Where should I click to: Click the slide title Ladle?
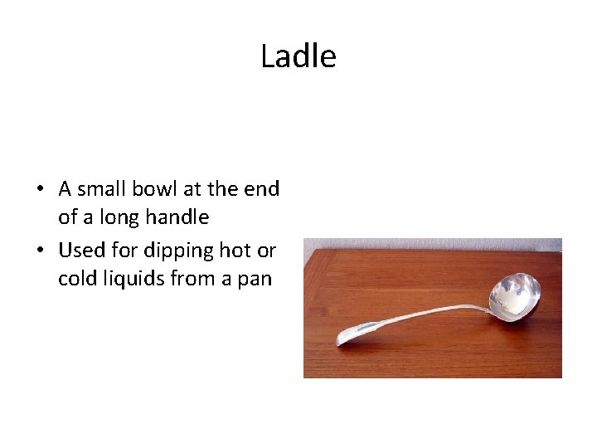298,56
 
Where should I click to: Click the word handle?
180,218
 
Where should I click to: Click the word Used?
80,249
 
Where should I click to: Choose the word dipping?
175,249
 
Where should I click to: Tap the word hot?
231,249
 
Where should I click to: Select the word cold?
78,279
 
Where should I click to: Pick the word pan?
254,279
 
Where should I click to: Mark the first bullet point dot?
40,189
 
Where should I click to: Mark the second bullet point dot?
40,250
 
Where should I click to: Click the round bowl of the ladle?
514,294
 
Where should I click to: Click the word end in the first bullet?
263,188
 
